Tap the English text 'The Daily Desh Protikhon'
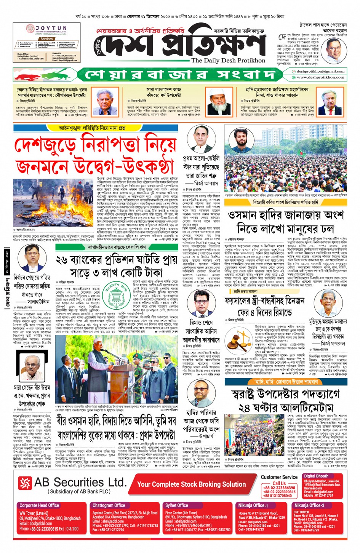tap(228, 60)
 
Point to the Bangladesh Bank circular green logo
tap(115, 293)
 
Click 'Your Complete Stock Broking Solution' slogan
tap(191, 484)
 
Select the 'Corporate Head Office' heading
tap(39, 505)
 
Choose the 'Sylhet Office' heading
tap(176, 505)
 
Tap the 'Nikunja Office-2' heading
tap(309, 505)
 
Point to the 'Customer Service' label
tap(279, 477)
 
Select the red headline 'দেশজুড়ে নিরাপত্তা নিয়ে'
tap(95, 145)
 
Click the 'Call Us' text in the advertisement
tap(279, 483)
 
